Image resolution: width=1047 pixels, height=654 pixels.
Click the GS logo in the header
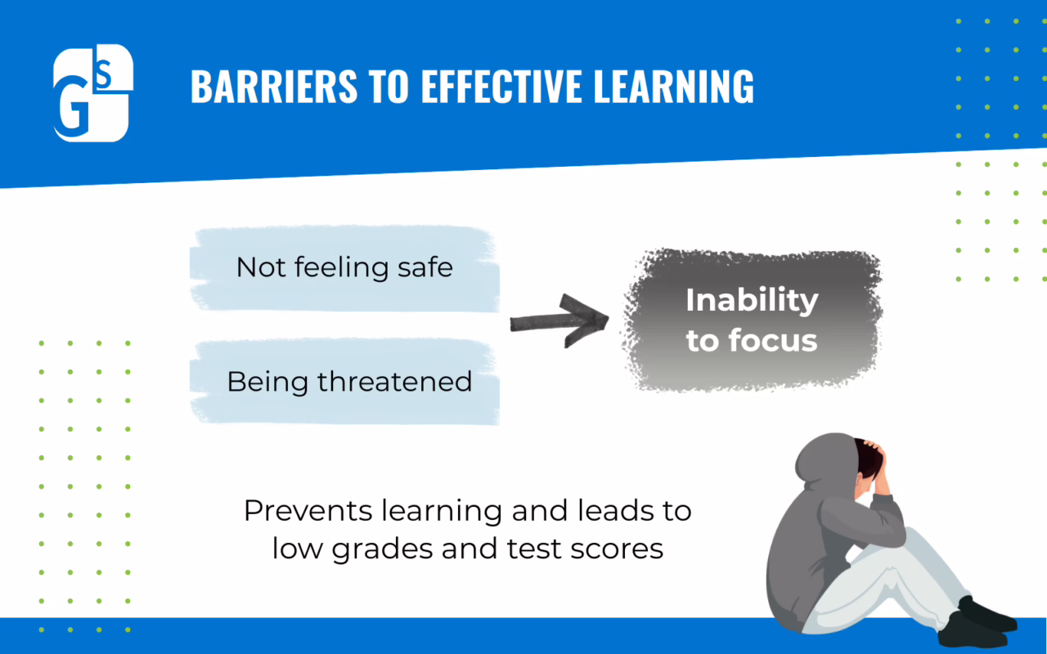[93, 93]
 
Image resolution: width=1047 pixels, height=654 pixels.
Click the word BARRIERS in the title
[274, 86]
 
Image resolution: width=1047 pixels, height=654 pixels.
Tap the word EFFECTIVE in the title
[502, 86]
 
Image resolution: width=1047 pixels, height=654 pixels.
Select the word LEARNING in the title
[673, 86]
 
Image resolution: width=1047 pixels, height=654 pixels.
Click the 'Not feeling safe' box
[344, 268]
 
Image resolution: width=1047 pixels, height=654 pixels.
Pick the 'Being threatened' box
[344, 381]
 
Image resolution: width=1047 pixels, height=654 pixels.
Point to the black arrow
[559, 321]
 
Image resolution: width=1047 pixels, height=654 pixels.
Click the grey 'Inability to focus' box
[752, 320]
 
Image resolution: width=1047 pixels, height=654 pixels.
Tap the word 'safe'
[425, 267]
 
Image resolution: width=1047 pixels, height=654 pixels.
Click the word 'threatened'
[394, 382]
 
